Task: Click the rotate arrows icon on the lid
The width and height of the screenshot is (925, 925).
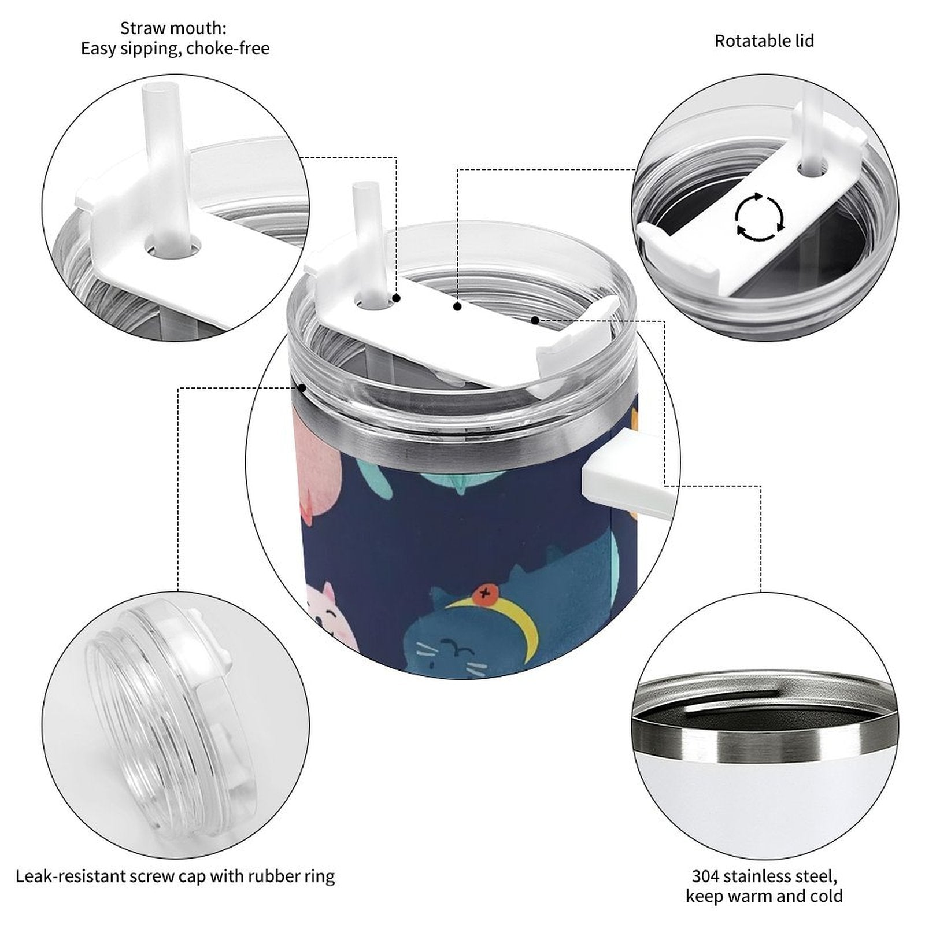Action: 760,217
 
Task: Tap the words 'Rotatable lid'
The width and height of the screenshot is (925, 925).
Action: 764,41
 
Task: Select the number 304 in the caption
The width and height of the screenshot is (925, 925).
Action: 707,876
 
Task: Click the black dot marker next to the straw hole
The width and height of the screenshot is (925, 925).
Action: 397,298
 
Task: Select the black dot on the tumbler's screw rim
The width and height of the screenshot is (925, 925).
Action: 301,388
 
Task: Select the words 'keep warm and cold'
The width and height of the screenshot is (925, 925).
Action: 764,897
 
